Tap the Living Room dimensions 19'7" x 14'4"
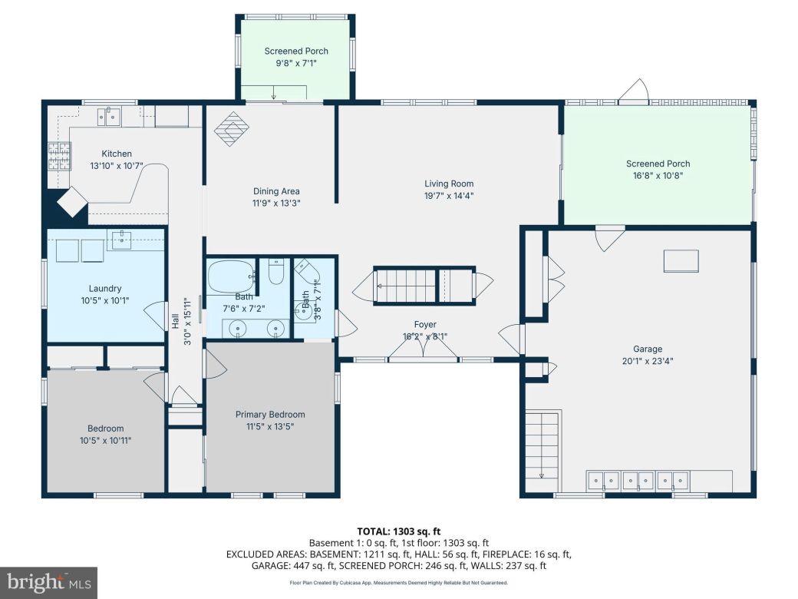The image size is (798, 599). click(x=449, y=196)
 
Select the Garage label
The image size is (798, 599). click(x=648, y=348)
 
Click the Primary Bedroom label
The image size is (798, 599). click(x=269, y=414)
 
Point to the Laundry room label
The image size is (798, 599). click(x=105, y=289)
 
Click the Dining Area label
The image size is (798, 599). click(x=276, y=191)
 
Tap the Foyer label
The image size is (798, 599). click(x=425, y=324)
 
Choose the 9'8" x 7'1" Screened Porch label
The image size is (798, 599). click(x=295, y=51)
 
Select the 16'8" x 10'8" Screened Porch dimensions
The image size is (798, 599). click(x=658, y=175)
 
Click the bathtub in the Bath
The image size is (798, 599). click(x=231, y=274)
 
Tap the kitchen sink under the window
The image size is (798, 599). click(x=112, y=117)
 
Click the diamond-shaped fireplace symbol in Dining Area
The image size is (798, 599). click(x=232, y=129)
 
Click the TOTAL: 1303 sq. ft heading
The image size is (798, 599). click(x=398, y=531)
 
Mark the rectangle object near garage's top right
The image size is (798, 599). click(x=681, y=261)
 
